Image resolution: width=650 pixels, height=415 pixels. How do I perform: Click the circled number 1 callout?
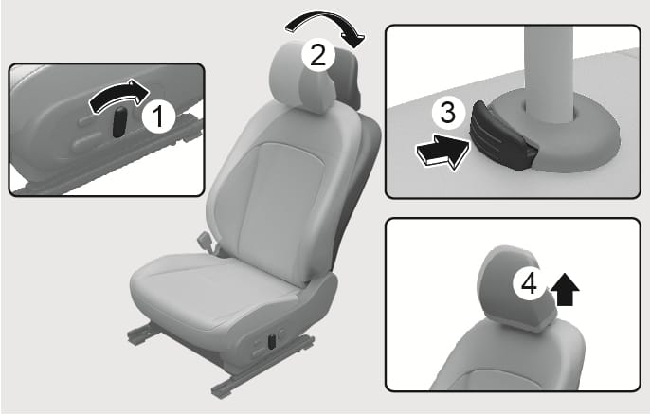[159, 117]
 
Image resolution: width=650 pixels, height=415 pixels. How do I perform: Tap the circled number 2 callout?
[317, 55]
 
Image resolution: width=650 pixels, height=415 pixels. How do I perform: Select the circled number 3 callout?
[447, 112]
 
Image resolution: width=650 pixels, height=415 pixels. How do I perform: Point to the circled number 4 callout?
[529, 284]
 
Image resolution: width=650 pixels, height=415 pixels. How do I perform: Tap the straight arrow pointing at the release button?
[442, 152]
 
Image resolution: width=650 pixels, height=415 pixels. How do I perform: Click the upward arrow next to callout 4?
[565, 290]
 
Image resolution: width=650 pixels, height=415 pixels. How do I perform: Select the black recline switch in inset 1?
[119, 122]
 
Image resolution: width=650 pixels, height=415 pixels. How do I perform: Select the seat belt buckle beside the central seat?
[206, 242]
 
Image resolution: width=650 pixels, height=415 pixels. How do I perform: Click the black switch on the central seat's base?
[272, 341]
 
